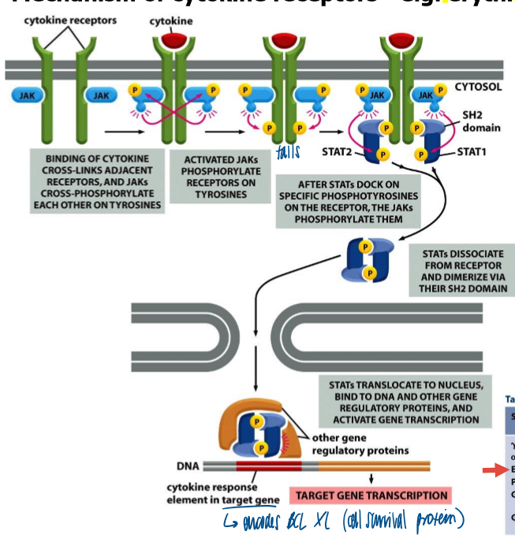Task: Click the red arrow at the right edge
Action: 495,471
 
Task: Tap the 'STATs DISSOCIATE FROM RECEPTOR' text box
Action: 461,269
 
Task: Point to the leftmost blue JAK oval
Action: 28,95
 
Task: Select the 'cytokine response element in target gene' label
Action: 222,493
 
